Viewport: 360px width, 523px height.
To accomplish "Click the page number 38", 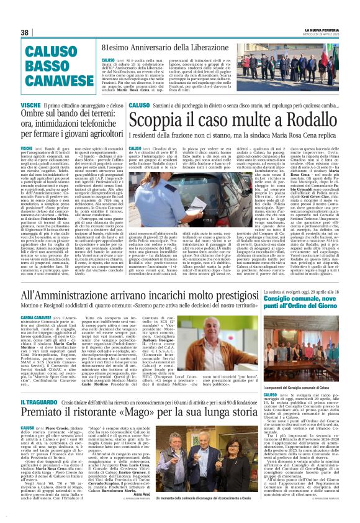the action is point(25,32).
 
